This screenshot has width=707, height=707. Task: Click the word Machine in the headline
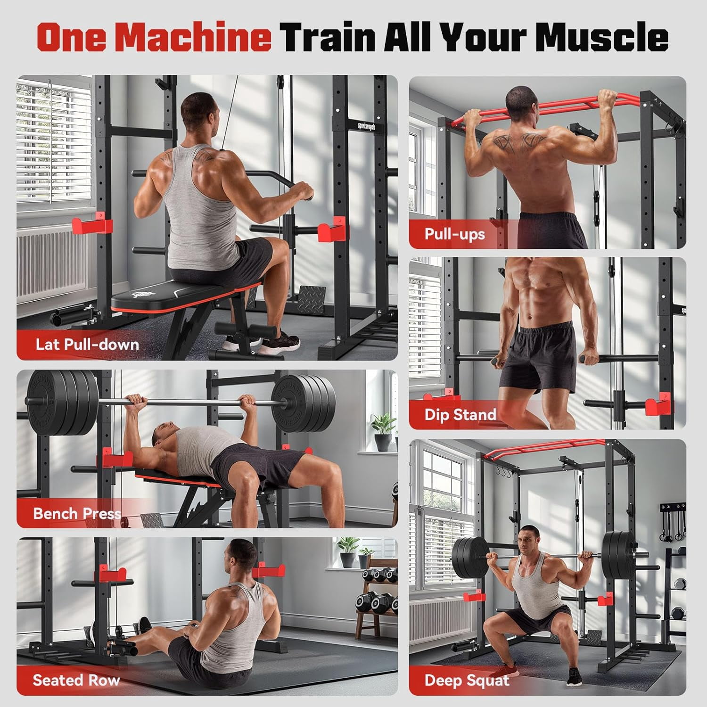[x=193, y=38]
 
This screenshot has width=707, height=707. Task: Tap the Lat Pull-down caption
[x=87, y=344]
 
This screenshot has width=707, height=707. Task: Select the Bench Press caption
[x=77, y=513]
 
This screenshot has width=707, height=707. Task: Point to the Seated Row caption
[x=76, y=680]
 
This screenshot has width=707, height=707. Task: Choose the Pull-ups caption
[x=455, y=234]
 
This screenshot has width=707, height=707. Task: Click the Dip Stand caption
[x=460, y=415]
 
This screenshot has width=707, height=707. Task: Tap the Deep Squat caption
[x=467, y=681]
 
